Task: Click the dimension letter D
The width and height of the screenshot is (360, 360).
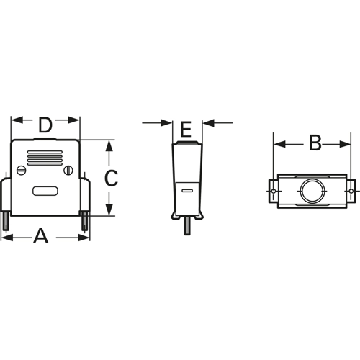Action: pos(45,125)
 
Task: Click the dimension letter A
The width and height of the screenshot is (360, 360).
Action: pos(41,235)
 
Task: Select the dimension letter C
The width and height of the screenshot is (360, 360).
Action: pos(110,178)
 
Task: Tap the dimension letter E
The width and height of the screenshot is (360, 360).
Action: pos(186,130)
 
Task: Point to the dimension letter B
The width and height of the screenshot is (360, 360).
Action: pos(315,143)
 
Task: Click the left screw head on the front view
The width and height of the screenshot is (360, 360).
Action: pos(19,171)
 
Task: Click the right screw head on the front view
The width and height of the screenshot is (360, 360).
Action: pos(70,171)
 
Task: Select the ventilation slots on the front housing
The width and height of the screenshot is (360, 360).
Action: pos(45,157)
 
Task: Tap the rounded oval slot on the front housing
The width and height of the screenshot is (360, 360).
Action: pos(45,192)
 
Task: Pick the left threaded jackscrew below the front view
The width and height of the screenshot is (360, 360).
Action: pos(5,220)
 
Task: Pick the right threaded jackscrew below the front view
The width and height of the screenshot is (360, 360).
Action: pos(85,220)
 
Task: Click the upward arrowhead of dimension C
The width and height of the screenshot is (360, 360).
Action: pos(109,144)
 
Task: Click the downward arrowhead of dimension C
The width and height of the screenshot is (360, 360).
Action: pos(109,211)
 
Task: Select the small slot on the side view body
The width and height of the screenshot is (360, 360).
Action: pos(186,192)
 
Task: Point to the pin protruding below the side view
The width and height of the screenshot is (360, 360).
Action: pos(187,227)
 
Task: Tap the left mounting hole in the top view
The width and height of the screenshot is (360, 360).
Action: pos(274,192)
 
